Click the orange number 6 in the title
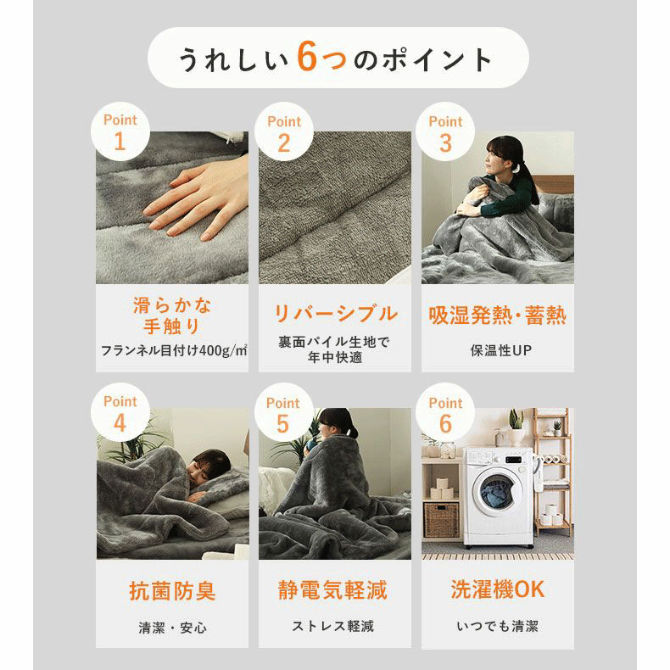point(310,59)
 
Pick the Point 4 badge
point(120,413)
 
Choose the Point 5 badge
point(283,413)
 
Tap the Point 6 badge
point(446,413)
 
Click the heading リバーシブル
point(335,313)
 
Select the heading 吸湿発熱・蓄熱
point(498,315)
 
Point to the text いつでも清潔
point(498,627)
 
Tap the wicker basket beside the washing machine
point(441,519)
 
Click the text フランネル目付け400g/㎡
point(173,349)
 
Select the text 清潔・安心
point(172,628)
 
